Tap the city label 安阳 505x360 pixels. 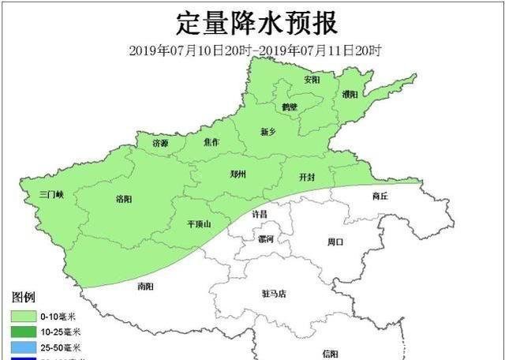click(x=312, y=80)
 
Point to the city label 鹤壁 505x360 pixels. click(x=290, y=107)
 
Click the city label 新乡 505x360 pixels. click(x=268, y=132)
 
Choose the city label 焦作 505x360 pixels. click(x=211, y=143)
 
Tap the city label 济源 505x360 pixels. click(x=160, y=144)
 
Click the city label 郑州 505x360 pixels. click(x=238, y=174)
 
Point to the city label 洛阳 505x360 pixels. click(x=124, y=199)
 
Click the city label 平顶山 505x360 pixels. click(x=199, y=224)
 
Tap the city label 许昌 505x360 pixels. click(x=259, y=214)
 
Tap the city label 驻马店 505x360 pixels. click(x=274, y=294)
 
